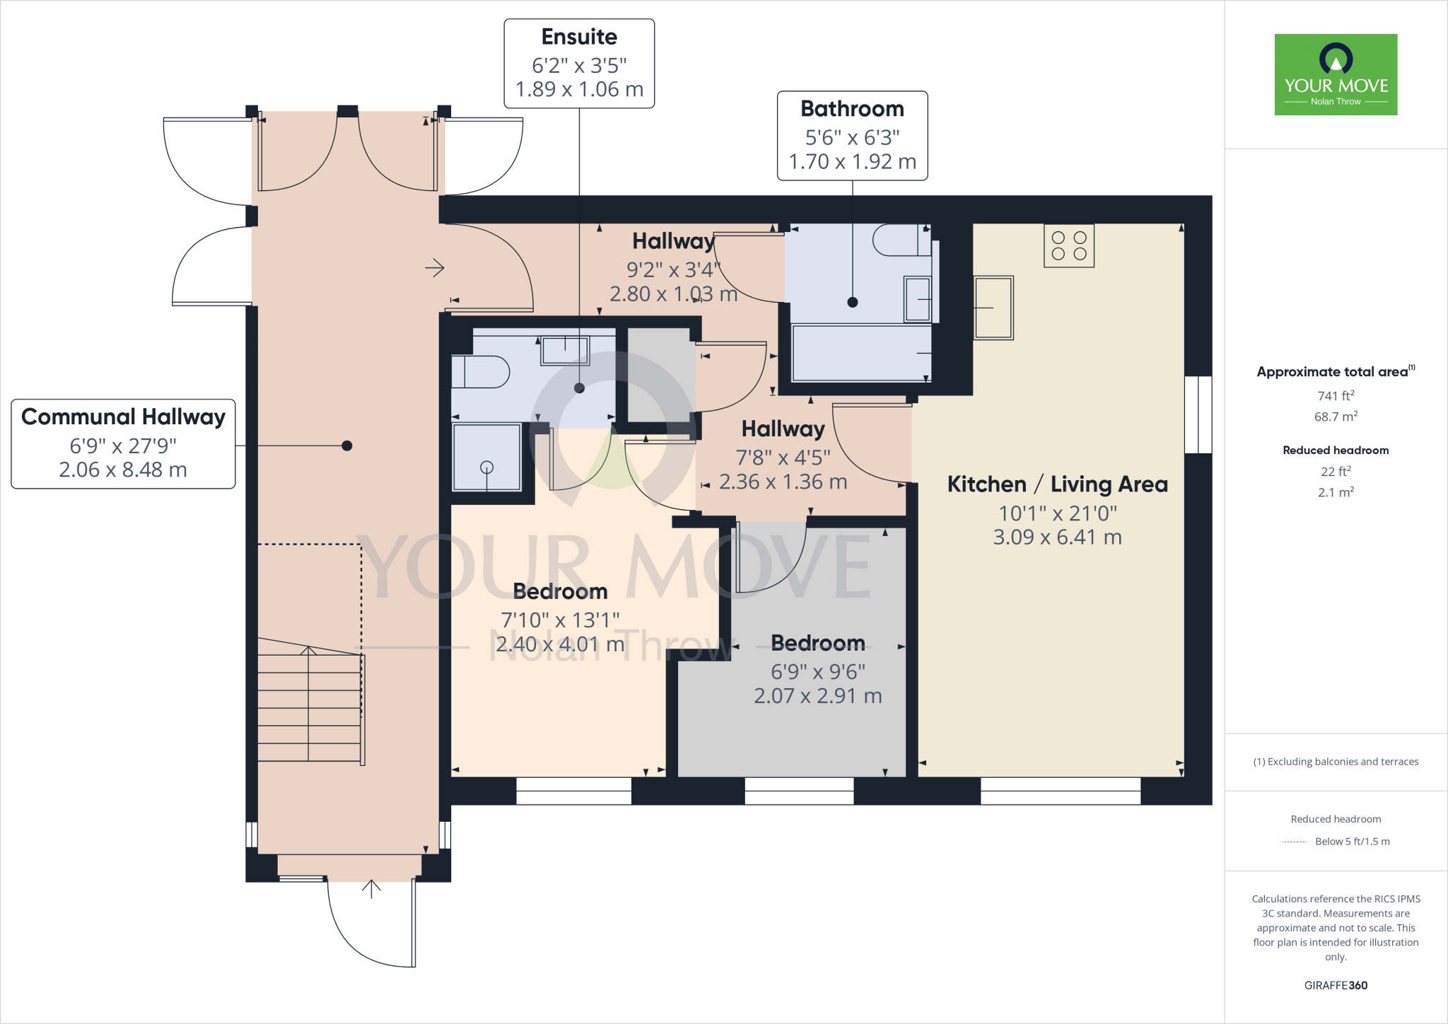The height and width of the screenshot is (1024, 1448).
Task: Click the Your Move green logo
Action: [1336, 74]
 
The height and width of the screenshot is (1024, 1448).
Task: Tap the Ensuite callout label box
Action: [579, 64]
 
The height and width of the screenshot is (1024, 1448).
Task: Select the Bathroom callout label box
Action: [852, 136]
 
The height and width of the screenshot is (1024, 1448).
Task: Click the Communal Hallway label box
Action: [123, 443]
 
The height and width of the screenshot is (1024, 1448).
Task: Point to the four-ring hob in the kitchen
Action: [1069, 245]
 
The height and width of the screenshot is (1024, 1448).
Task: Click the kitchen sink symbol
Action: [993, 308]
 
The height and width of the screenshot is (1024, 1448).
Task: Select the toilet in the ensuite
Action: [481, 372]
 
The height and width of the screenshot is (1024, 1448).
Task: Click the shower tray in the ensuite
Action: [487, 457]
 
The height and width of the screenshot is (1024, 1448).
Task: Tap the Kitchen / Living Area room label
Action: [1057, 484]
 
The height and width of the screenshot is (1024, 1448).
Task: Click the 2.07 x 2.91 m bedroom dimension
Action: [817, 696]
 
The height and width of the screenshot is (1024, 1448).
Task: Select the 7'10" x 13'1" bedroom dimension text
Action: [560, 620]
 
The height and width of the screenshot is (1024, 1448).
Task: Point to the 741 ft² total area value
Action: [1336, 396]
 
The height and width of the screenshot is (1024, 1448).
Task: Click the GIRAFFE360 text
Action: [1336, 985]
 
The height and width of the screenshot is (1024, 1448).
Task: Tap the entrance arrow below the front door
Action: [371, 889]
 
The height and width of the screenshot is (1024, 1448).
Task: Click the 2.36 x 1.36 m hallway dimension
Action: [783, 482]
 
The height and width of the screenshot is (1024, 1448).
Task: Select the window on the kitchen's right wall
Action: [1198, 414]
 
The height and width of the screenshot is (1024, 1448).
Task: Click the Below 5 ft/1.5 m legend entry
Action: [1351, 842]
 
